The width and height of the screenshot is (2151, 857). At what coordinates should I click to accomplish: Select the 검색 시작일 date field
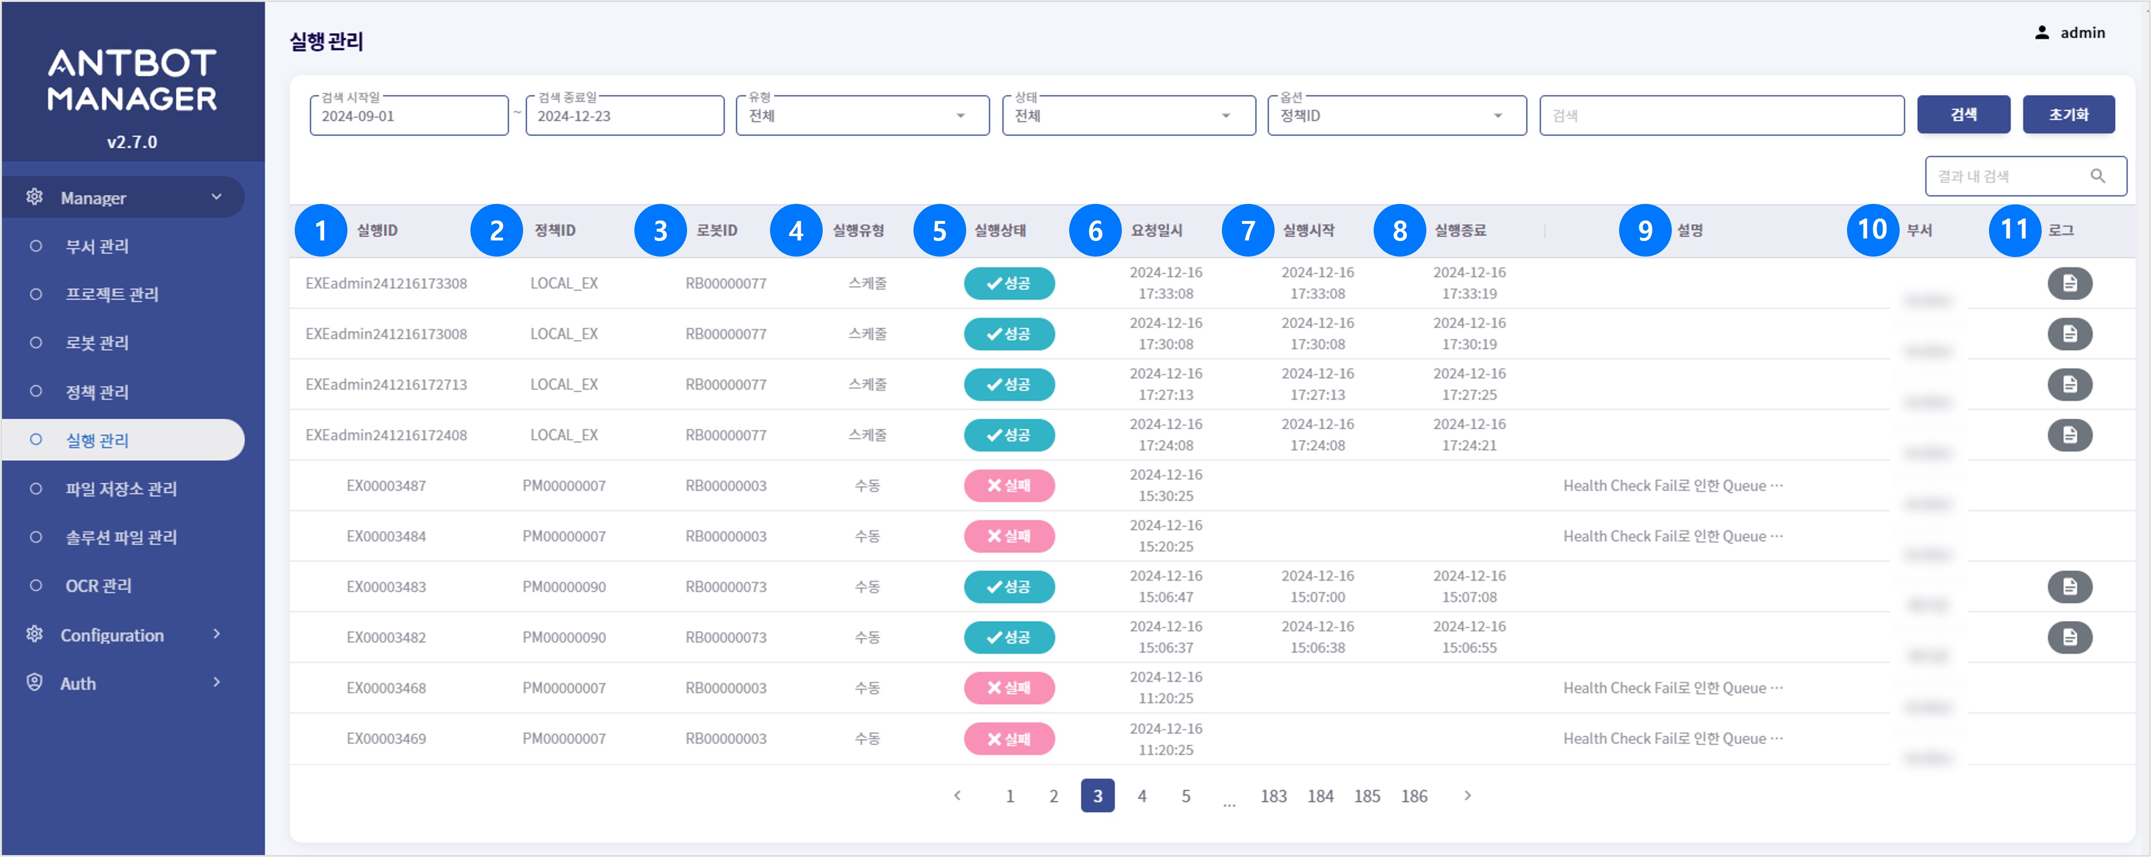pos(408,116)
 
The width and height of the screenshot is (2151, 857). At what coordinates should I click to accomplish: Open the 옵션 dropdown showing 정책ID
pos(1396,116)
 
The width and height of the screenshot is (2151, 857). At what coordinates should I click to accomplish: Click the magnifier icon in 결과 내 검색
pos(2097,176)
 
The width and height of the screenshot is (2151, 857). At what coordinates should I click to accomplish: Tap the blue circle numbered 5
pos(938,230)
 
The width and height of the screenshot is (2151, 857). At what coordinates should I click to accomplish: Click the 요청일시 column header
pos(1157,230)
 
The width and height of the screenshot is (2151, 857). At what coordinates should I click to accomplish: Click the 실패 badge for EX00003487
pos(1009,486)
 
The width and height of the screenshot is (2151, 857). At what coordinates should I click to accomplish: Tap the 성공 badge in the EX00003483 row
pos(1009,587)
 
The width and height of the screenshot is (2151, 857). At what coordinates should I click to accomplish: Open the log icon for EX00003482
pos(2069,638)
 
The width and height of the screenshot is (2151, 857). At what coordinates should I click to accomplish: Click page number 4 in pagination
pos(1141,796)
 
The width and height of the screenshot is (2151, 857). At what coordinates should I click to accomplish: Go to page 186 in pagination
pos(1414,796)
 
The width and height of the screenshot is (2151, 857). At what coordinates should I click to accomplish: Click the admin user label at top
pos(2082,33)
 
